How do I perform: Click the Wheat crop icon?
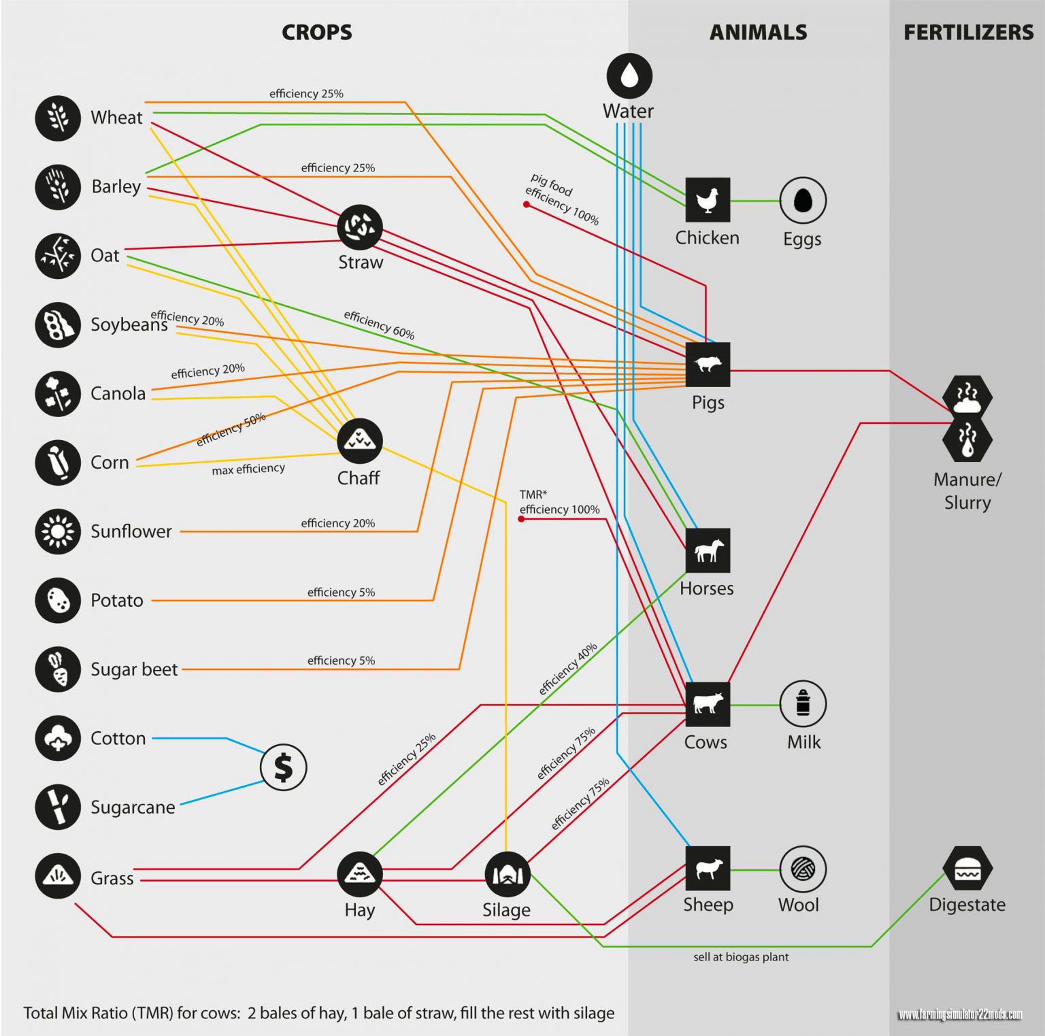point(58,118)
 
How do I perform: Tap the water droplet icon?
point(629,76)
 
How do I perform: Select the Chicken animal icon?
point(708,199)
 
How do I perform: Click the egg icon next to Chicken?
point(803,200)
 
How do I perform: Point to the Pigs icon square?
point(708,365)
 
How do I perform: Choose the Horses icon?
point(708,550)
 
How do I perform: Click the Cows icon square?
point(708,704)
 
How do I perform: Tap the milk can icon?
point(803,704)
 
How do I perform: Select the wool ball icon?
point(803,869)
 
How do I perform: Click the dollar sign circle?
point(283,767)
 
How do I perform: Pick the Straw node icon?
point(360,227)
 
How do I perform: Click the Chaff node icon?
point(360,441)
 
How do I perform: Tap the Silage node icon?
point(507,874)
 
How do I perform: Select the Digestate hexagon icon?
point(967,869)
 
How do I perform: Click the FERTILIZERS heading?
point(968,32)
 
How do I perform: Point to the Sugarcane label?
point(133,807)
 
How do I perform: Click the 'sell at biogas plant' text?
point(741,957)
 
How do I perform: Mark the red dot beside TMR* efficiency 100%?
point(521,519)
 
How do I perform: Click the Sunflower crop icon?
point(58,531)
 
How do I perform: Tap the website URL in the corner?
point(959,1015)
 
